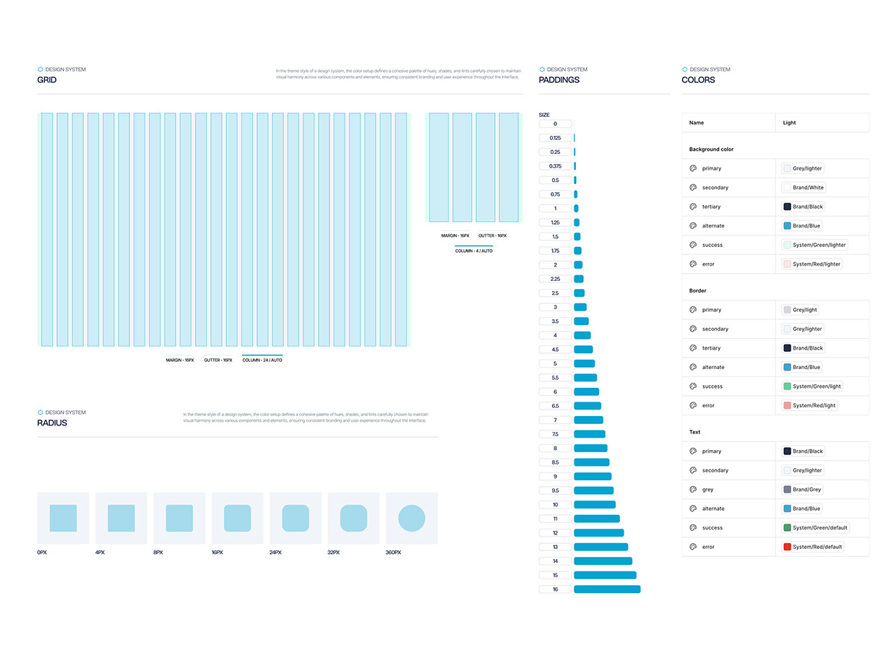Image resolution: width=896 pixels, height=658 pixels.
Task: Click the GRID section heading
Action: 47,80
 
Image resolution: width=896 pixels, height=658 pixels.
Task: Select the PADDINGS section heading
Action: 559,80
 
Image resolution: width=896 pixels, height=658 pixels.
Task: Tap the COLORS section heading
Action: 698,80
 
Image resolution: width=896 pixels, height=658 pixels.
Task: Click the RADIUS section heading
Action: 52,423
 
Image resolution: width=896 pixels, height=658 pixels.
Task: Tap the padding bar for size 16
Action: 607,589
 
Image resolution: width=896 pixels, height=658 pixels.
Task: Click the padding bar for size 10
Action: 595,505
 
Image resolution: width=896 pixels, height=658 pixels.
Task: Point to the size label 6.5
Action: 555,406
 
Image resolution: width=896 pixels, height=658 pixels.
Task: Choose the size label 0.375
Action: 555,166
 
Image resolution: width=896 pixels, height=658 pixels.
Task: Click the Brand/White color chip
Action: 804,188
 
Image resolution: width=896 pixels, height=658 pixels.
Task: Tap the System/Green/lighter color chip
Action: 814,245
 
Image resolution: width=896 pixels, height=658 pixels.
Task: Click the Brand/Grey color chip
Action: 803,490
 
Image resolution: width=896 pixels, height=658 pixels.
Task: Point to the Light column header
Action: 789,123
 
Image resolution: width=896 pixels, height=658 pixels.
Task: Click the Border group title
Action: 697,291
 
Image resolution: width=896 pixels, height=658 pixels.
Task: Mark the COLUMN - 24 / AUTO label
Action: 262,360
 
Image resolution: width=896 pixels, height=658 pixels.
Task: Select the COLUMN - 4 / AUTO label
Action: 473,251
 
